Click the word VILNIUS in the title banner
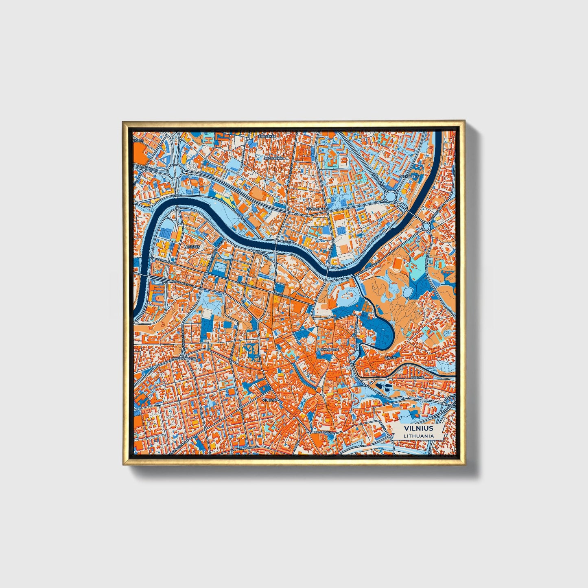418,428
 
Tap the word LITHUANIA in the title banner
418,435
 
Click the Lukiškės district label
192,247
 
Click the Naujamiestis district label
184,358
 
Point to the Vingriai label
269,400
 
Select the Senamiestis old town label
328,349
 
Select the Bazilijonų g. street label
321,432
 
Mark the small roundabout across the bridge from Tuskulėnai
426,225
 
